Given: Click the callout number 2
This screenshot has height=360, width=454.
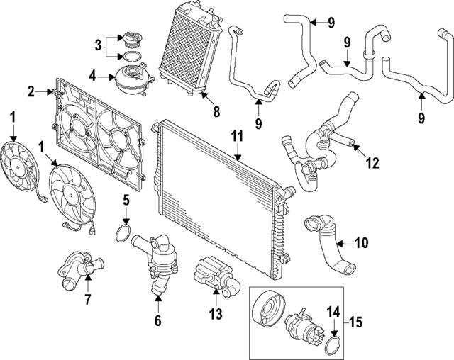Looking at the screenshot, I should click(31, 91).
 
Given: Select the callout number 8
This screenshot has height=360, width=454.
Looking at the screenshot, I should click(217, 111).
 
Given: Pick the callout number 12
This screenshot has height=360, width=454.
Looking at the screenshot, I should click(372, 164).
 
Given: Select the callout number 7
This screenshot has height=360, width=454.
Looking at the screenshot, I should click(87, 299).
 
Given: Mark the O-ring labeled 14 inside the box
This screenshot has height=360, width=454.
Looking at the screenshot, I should click(331, 345).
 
